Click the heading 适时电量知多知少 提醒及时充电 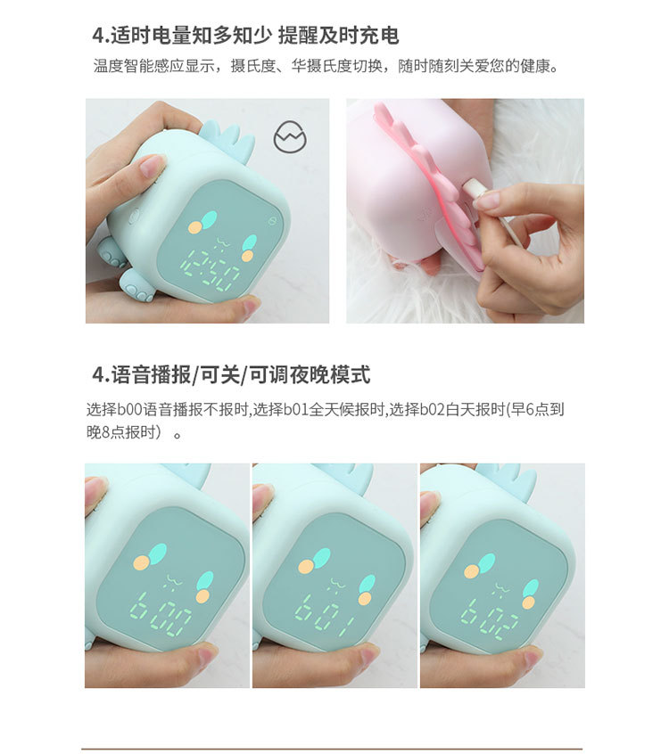pos(245,36)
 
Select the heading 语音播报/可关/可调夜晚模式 pos(231,374)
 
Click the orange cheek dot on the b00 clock pos(140,563)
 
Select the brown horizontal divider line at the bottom pos(332,749)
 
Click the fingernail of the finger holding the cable pos(487,201)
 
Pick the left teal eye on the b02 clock pos(486,562)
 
